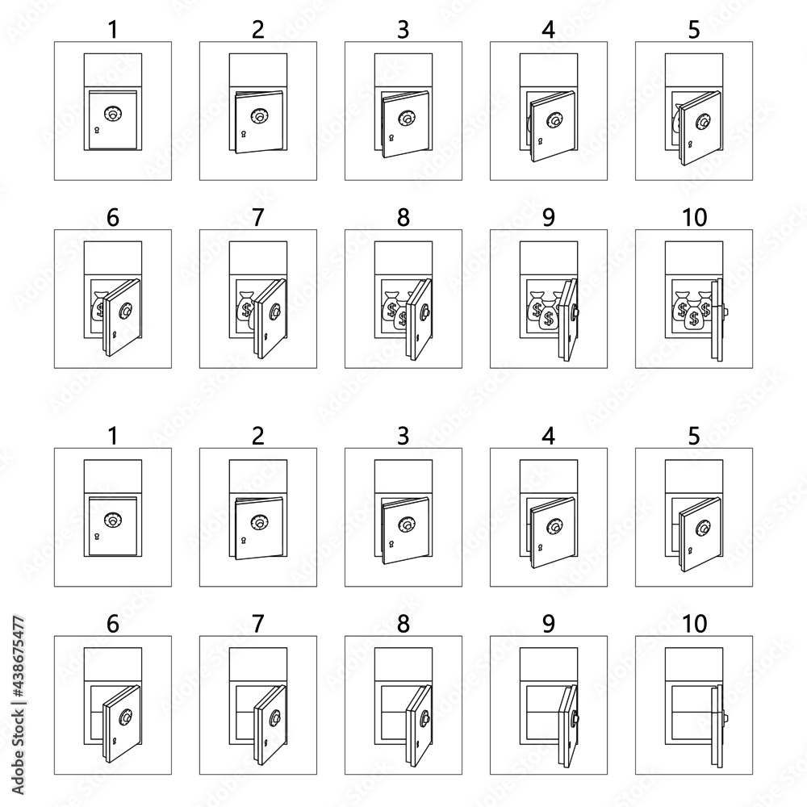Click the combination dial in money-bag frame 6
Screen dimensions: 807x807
pos(127,310)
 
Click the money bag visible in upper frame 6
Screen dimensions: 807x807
pos(99,306)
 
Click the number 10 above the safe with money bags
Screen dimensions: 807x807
pos(694,217)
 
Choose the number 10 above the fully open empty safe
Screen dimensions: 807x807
pos(694,624)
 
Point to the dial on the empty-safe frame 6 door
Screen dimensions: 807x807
pos(127,717)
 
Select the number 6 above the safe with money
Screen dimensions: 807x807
pos(113,217)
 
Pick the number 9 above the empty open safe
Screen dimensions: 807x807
pos(549,624)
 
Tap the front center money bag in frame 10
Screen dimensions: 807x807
pos(694,319)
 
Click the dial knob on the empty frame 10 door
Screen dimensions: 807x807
pos(724,717)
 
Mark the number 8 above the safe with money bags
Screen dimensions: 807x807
pos(403,217)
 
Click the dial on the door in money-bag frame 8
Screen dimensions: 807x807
pos(425,311)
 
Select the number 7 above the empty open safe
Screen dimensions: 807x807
pos(258,624)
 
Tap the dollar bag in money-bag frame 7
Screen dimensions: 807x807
pos(245,307)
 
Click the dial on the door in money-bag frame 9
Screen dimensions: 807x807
pos(575,311)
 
